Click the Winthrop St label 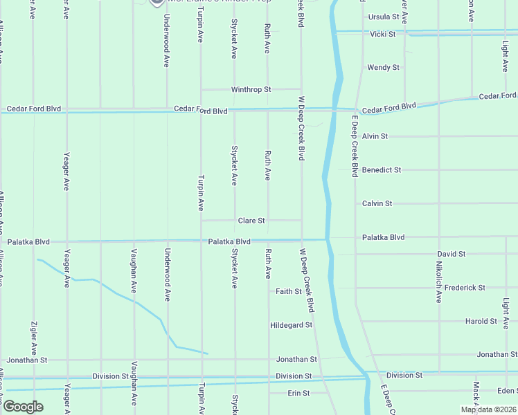(x=251, y=90)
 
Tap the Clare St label (x=251, y=221)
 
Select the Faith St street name (x=288, y=292)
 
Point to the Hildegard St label (x=292, y=324)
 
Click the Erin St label (x=298, y=393)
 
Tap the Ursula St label (x=384, y=17)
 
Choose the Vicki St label (x=382, y=34)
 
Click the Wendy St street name (x=383, y=68)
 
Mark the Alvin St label (x=375, y=136)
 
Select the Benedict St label (x=381, y=169)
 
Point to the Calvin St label (x=377, y=203)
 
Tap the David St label (x=451, y=255)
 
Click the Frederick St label (x=465, y=288)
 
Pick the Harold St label (x=481, y=322)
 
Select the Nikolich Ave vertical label (x=439, y=282)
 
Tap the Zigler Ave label (x=33, y=338)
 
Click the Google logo (x=23, y=406)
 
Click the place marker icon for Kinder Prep (x=157, y=3)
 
